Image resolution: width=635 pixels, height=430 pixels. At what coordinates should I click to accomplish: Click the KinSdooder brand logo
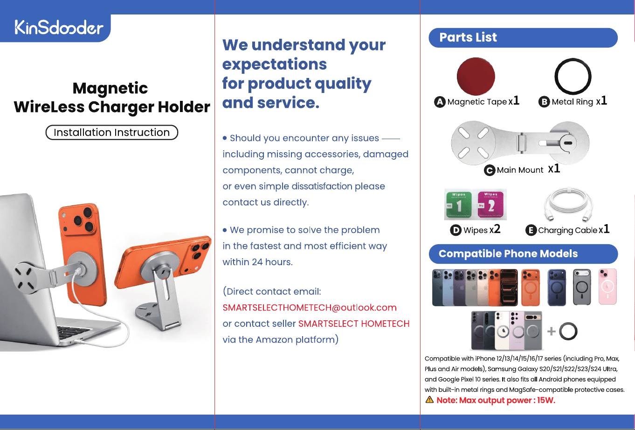point(59,27)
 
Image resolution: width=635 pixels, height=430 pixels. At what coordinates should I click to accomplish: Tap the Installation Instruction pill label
point(112,132)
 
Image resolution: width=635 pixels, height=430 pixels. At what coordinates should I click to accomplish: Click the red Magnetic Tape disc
point(476,77)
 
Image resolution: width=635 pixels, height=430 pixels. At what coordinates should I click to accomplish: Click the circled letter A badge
point(440,102)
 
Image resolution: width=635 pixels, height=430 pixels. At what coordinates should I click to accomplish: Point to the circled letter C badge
point(490,170)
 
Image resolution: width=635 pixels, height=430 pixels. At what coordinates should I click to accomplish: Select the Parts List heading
point(468,37)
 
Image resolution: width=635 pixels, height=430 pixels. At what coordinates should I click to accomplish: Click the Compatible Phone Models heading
point(508,254)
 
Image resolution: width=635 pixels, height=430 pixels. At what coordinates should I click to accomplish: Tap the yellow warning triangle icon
point(429,400)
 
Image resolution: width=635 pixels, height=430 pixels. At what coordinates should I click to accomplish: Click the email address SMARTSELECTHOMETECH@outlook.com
point(310,307)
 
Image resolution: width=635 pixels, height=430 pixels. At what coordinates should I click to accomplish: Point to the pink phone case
point(607,287)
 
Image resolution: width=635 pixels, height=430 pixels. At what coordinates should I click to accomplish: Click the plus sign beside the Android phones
point(552,331)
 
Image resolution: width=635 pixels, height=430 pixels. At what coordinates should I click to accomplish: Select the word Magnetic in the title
point(110,88)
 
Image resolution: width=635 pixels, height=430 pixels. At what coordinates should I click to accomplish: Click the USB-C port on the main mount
point(568,143)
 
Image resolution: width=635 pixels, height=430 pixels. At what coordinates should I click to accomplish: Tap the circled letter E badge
point(531,230)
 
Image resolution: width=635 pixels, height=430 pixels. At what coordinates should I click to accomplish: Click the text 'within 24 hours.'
point(257,262)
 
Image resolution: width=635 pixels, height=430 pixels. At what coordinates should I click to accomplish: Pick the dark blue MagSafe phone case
point(557,287)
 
